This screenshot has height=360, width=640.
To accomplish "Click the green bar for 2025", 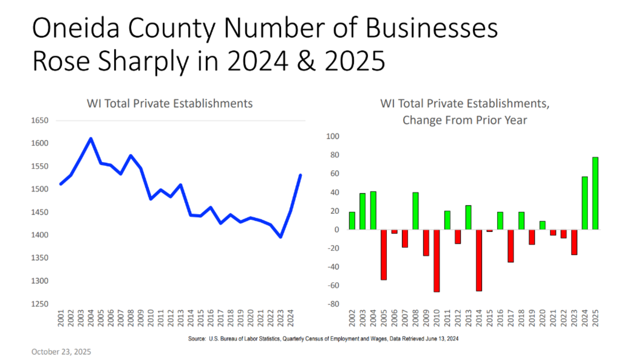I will tap(595, 193).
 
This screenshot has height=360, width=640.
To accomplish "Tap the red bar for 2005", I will tap(383, 254).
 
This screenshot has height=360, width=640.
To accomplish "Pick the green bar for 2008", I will tap(415, 211).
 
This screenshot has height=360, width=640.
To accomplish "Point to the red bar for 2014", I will tap(479, 260).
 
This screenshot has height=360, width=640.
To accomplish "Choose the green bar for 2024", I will tap(585, 203).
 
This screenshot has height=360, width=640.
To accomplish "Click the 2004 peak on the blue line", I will tap(91, 139).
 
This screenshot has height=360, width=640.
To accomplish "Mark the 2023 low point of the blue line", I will tap(281, 236).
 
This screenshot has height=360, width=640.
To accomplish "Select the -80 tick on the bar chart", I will tap(333, 304).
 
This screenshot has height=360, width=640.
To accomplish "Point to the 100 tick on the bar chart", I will tap(333, 137).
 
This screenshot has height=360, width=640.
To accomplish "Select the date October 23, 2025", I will tap(61, 351).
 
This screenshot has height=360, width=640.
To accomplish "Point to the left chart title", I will tap(170, 103).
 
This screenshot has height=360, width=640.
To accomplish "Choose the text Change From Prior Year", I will tap(465, 120).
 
